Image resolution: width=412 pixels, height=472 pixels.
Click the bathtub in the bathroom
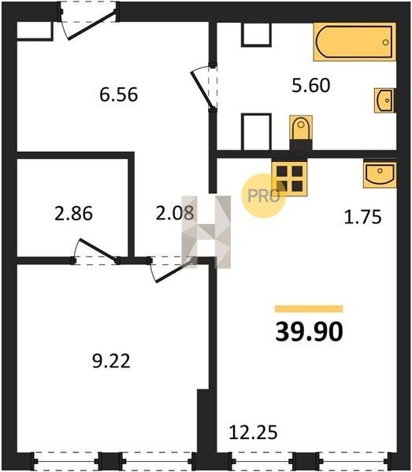(x=354, y=42)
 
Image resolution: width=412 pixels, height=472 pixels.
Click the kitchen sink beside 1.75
(x=380, y=175)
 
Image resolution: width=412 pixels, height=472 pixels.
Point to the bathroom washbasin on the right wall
(x=385, y=101)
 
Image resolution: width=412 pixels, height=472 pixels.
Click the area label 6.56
(x=119, y=94)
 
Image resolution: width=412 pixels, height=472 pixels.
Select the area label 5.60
(x=311, y=85)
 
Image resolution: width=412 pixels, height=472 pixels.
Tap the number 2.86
(x=73, y=213)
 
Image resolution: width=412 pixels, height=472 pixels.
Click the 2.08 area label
(x=175, y=213)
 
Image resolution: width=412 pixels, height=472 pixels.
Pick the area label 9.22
(x=112, y=361)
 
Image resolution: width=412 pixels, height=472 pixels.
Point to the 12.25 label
(x=253, y=433)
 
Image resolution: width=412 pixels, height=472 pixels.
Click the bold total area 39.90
(x=310, y=331)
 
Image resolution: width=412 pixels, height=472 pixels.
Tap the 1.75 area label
(x=363, y=217)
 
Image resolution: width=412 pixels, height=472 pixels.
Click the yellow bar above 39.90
(x=309, y=309)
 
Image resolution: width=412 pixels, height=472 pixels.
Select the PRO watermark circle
(x=264, y=196)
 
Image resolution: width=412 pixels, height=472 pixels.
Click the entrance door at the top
(x=91, y=25)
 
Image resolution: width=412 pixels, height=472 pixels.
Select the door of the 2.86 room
(x=97, y=250)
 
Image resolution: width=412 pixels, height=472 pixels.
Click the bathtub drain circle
(x=385, y=42)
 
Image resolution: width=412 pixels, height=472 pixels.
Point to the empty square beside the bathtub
(x=256, y=35)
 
